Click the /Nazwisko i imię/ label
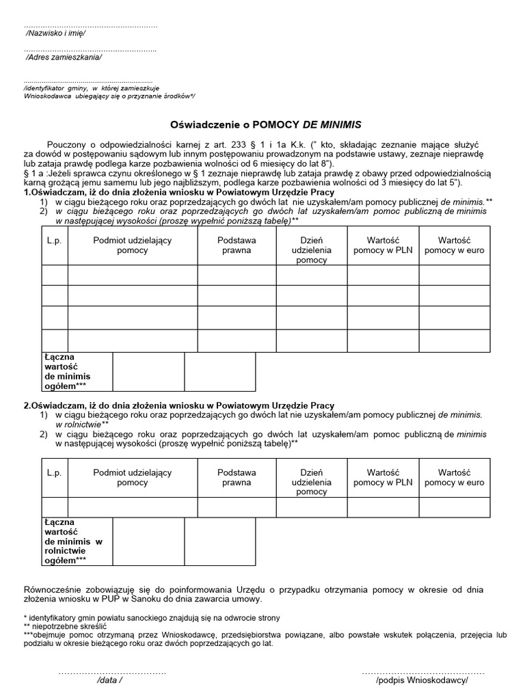[x=55, y=33]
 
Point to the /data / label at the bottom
[x=110, y=682]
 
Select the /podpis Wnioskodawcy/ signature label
[x=422, y=682]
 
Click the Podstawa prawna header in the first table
[x=237, y=245]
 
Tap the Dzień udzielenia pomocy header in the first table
[x=312, y=250]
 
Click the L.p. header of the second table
[x=55, y=473]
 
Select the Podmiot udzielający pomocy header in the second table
[x=133, y=477]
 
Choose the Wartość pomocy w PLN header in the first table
[x=383, y=245]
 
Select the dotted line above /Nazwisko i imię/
[x=90, y=25]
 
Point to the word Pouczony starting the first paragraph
[x=68, y=145]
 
